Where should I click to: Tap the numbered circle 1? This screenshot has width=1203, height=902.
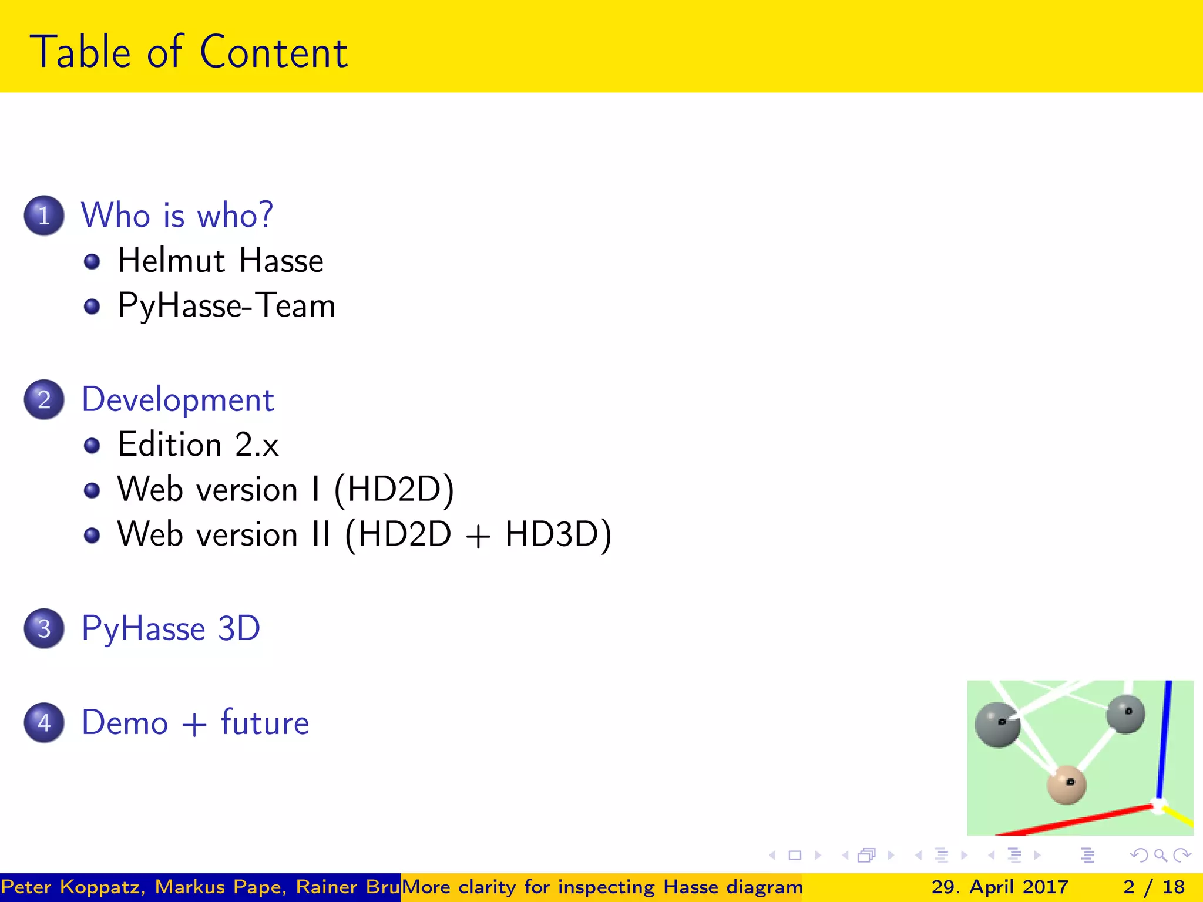click(x=44, y=216)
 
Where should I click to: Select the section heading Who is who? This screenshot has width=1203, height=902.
click(x=177, y=215)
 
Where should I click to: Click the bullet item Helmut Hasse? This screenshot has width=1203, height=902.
click(x=220, y=261)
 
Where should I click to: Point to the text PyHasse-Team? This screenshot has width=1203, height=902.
click(x=226, y=306)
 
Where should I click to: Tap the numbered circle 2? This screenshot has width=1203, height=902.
click(x=44, y=400)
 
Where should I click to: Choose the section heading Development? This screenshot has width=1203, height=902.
click(x=177, y=400)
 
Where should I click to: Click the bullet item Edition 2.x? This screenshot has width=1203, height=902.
click(x=198, y=445)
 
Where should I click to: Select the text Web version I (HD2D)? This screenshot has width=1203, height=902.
click(x=285, y=489)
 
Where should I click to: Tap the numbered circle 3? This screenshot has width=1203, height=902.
click(x=44, y=629)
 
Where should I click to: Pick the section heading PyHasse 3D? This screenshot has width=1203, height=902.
click(x=170, y=629)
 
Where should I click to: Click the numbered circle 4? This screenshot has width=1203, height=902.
click(x=44, y=723)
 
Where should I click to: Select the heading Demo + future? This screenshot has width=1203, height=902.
click(x=195, y=723)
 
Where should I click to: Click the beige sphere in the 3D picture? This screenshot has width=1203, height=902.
click(x=1066, y=785)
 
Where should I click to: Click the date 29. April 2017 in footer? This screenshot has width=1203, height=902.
click(x=1000, y=887)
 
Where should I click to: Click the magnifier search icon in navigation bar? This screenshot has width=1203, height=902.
click(x=1160, y=856)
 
